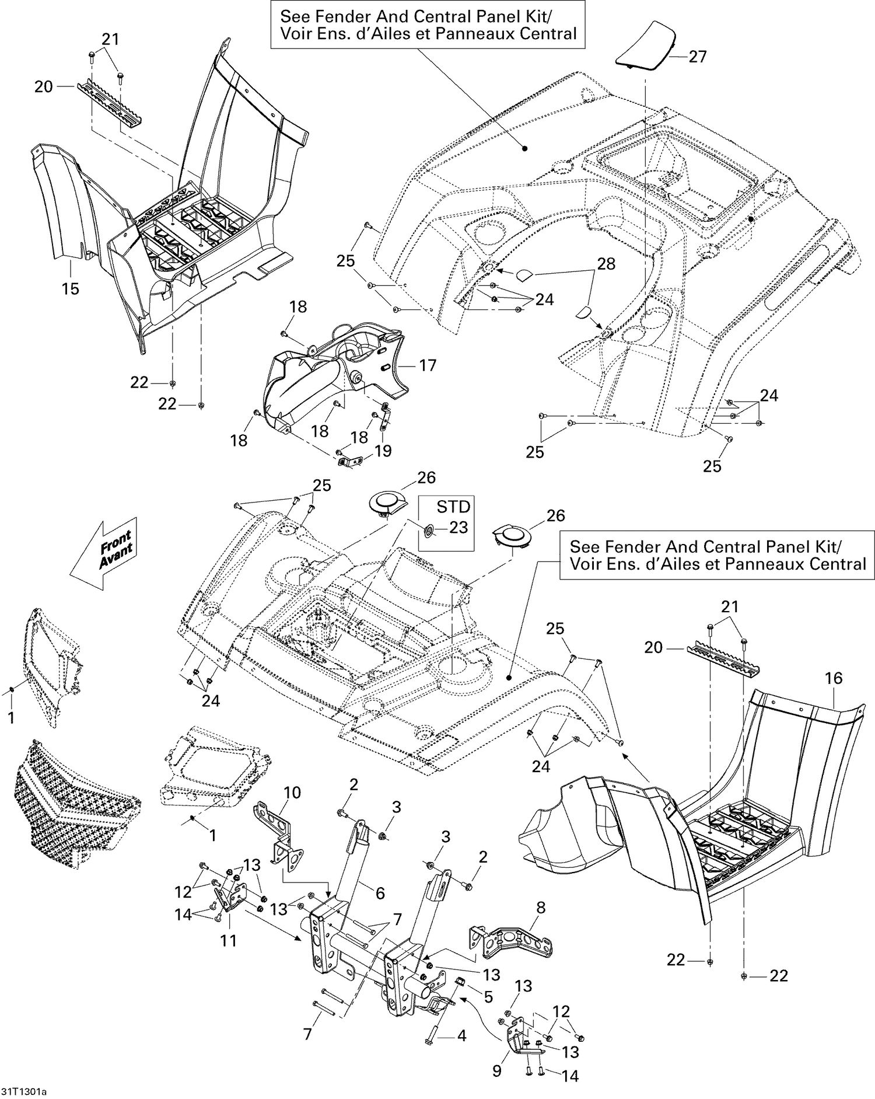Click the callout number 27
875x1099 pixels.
point(698,57)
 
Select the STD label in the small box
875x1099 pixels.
point(453,505)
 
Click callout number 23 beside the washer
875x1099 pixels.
point(459,527)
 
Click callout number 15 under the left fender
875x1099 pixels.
point(71,288)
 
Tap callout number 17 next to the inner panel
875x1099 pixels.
point(428,365)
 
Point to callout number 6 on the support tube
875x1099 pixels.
point(380,892)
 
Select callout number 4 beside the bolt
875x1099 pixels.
point(461,1037)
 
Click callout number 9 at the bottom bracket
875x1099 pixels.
point(497,1071)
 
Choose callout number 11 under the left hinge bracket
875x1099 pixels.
point(229,940)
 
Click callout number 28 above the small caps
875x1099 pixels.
point(605,264)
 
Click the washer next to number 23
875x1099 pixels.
point(428,531)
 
